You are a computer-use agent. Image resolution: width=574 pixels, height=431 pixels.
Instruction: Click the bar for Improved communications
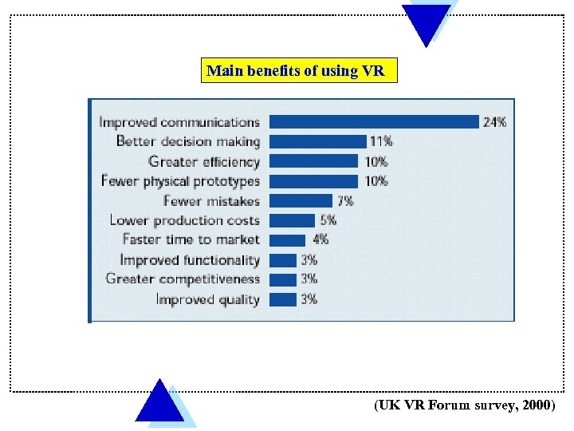click(x=373, y=122)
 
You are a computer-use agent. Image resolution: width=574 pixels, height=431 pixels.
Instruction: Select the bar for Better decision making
click(x=316, y=141)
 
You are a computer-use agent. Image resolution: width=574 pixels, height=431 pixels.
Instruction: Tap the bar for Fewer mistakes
click(x=301, y=200)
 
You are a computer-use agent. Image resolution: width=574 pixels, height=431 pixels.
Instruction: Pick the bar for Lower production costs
click(x=292, y=220)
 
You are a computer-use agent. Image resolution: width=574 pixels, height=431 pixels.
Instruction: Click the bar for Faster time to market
click(x=287, y=239)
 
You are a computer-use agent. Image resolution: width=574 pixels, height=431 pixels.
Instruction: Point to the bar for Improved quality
click(x=283, y=299)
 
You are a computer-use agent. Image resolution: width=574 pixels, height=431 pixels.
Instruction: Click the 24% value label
click(x=494, y=122)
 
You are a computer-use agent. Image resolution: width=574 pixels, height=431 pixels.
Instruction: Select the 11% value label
click(x=380, y=141)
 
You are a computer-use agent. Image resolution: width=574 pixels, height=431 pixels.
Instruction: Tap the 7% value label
click(x=344, y=200)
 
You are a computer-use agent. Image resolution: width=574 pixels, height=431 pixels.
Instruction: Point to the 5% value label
click(x=328, y=220)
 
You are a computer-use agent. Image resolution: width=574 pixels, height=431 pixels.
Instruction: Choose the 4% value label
click(x=320, y=239)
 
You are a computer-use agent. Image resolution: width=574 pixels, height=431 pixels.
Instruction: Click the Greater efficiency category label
click(x=204, y=161)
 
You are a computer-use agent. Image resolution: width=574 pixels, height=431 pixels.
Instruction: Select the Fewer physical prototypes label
click(x=180, y=181)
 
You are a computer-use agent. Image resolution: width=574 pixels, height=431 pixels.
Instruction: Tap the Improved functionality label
click(x=190, y=260)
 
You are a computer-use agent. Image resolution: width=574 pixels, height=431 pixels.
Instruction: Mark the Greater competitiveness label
click(x=183, y=279)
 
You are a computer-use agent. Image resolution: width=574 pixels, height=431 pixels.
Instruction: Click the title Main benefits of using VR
click(x=296, y=71)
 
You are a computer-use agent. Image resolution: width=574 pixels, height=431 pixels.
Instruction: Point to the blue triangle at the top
click(x=426, y=20)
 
